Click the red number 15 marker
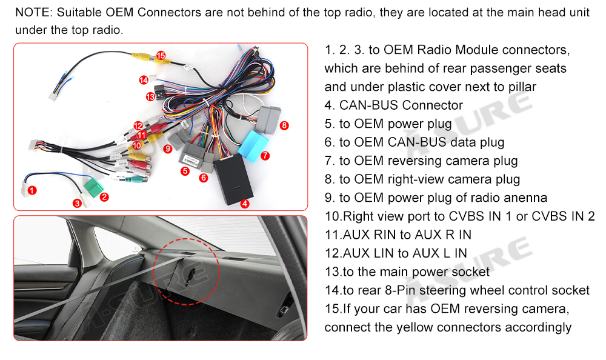point(161,56)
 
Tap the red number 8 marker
point(284,125)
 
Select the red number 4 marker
point(245,204)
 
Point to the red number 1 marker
point(33,190)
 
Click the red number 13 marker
point(150,96)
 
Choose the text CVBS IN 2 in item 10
point(567,217)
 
